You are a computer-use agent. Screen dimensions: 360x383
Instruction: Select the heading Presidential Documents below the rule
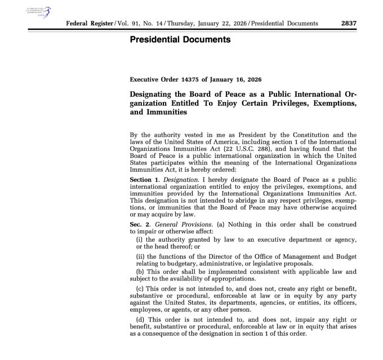pyautogui.click(x=180, y=40)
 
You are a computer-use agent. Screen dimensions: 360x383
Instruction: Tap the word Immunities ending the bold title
pyautogui.click(x=166, y=112)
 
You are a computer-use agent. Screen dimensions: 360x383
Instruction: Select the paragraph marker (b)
pyautogui.click(x=141, y=272)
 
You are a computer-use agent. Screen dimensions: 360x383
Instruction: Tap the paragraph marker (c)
pyautogui.click(x=141, y=290)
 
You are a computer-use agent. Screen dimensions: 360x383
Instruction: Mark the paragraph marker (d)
pyautogui.click(x=141, y=321)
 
